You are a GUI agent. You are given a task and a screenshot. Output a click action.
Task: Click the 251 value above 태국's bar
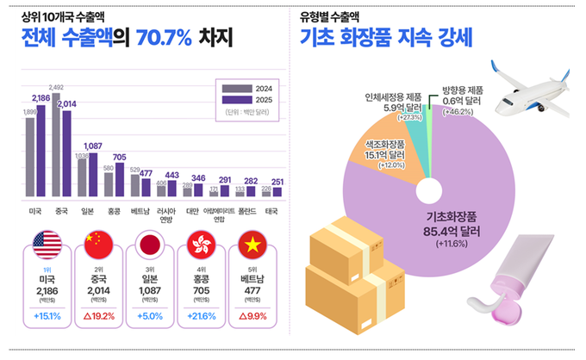point(276,182)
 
